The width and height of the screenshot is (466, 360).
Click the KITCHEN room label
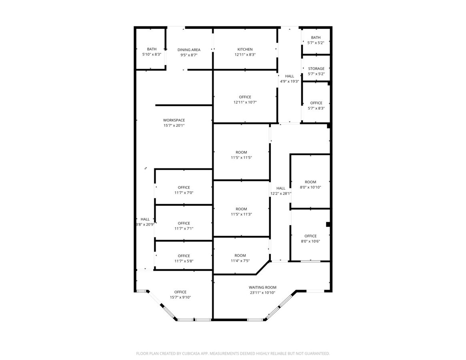pos(245,49)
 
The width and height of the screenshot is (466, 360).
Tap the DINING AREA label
pos(189,50)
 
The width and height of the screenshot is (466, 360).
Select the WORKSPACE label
pos(174,120)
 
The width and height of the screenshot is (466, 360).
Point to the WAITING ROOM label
pos(262,287)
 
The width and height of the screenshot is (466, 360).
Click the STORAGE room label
pos(316,68)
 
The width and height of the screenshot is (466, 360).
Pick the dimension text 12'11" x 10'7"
pos(245,102)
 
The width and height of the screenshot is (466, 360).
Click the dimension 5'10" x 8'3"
pos(152,54)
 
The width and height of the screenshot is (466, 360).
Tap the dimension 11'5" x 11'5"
pos(241,158)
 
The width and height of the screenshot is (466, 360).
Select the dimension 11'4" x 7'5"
pos(240,261)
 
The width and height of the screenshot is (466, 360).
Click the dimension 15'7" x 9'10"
pos(180,297)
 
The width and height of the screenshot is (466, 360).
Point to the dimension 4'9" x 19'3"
pos(290,82)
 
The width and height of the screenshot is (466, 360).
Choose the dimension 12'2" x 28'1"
pos(280,194)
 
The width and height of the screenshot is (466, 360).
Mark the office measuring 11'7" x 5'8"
pos(184,256)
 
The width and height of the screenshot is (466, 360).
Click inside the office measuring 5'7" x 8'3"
pos(316,102)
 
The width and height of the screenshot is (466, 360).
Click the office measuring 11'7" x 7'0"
pos(184,187)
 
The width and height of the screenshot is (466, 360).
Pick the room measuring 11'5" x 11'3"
pos(241,209)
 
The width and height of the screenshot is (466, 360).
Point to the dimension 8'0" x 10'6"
pos(310,241)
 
